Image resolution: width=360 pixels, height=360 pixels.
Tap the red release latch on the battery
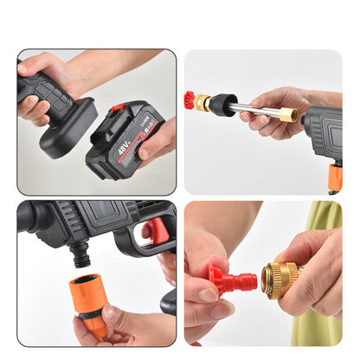point(117,108)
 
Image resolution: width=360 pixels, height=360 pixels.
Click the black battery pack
point(126,138)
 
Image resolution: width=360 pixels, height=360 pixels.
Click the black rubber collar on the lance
point(222,105)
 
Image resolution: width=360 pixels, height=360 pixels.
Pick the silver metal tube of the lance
point(255,110)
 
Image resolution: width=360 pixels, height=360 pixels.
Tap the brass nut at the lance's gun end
point(288,114)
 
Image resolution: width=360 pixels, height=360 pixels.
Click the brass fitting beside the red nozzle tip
point(202,101)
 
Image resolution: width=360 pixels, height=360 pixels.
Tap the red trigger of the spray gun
point(156,231)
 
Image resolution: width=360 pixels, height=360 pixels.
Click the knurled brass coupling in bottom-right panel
point(280,280)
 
